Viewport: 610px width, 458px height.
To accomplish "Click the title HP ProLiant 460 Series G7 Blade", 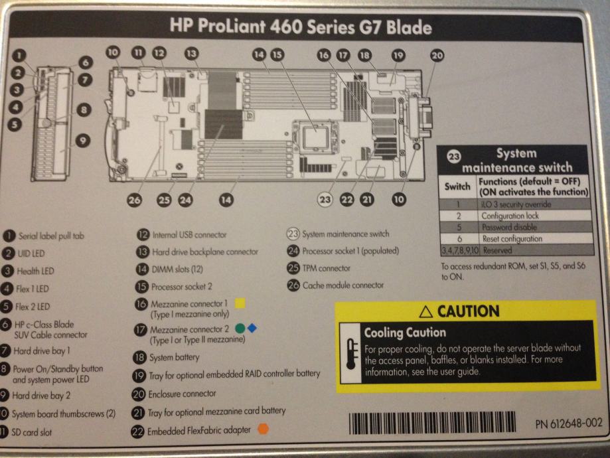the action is tap(301, 27).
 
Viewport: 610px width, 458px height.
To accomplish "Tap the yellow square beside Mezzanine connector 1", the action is tap(240, 303).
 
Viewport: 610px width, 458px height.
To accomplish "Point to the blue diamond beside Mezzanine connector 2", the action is tap(251, 327).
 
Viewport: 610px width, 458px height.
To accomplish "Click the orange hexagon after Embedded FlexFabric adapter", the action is tap(264, 429).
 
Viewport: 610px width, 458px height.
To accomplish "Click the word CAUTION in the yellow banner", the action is tap(460, 311).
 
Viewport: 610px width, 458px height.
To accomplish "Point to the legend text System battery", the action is tap(173, 356).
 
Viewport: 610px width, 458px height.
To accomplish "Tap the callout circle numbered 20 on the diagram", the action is tap(436, 57).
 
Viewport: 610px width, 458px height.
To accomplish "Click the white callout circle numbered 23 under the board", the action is tap(325, 198).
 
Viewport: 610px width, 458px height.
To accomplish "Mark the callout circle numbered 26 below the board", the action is tap(135, 198).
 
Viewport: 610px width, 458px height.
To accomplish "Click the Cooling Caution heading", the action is tap(405, 332).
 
